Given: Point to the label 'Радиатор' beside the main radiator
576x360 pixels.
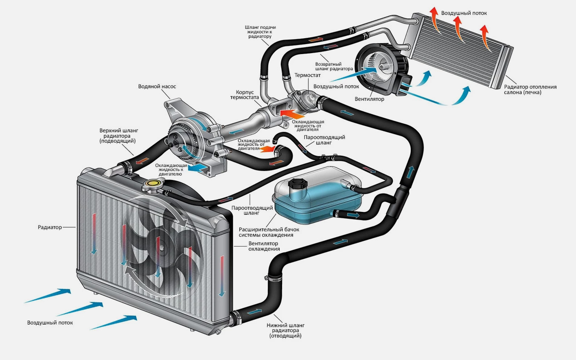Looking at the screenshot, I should coord(50,227).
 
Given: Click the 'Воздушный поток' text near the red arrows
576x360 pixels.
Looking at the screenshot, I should coord(463,13).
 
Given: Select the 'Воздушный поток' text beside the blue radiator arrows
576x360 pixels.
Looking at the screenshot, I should coord(50,323).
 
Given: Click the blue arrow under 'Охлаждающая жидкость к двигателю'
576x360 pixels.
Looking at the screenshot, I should coord(198,167).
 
